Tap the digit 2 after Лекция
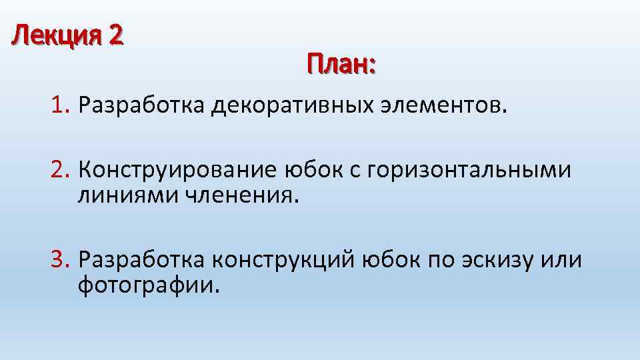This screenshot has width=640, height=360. tap(115, 34)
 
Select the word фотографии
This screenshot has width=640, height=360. tap(148, 285)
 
